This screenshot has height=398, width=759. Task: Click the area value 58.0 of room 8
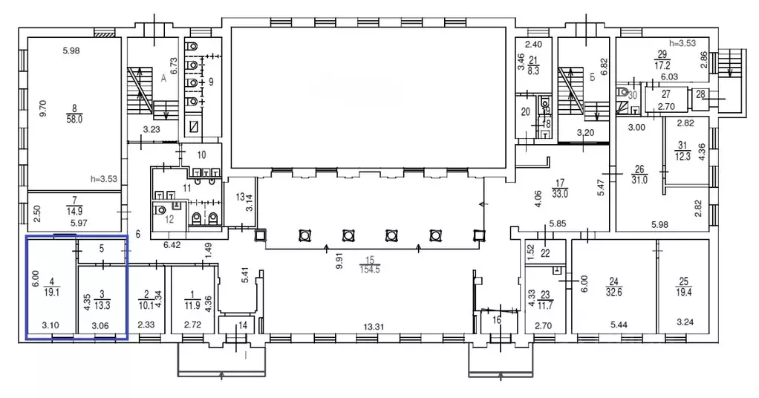pyautogui.click(x=74, y=119)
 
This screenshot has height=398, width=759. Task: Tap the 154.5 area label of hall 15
pyautogui.click(x=370, y=270)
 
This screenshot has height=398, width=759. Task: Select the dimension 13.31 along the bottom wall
pyautogui.click(x=374, y=327)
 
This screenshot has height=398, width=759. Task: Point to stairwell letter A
pyautogui.click(x=163, y=79)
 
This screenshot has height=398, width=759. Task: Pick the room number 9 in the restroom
pyautogui.click(x=211, y=82)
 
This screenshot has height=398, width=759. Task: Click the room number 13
pyautogui.click(x=241, y=197)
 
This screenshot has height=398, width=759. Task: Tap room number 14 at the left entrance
pyautogui.click(x=243, y=325)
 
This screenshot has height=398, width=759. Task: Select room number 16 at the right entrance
pyautogui.click(x=497, y=320)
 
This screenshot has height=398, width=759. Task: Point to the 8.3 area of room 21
pyautogui.click(x=533, y=71)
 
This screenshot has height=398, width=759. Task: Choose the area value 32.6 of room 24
pyautogui.click(x=613, y=292)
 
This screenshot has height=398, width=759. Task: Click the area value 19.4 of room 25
pyautogui.click(x=683, y=292)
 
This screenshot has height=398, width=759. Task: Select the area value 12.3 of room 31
pyautogui.click(x=683, y=156)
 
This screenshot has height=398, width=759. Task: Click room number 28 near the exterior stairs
pyautogui.click(x=700, y=94)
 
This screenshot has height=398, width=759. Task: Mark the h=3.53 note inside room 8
pyautogui.click(x=103, y=179)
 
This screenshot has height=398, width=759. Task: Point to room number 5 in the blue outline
pyautogui.click(x=102, y=249)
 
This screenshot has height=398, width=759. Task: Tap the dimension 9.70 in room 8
pyautogui.click(x=43, y=108)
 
